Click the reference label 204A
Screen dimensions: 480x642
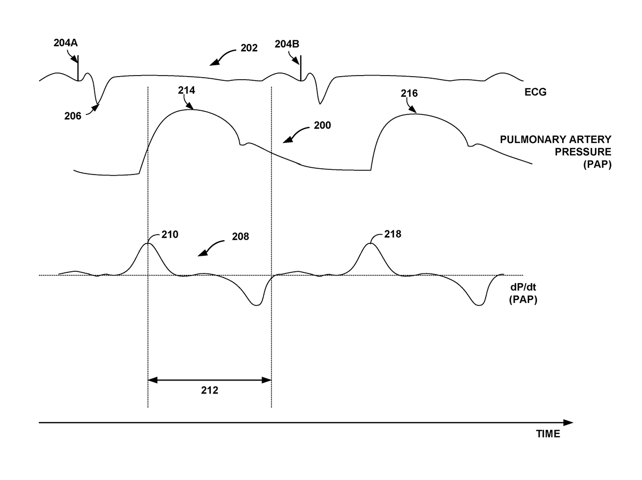click(x=65, y=43)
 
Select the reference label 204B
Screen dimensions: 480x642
click(x=287, y=45)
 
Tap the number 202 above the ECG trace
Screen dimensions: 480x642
click(x=249, y=48)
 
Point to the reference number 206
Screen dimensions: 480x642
click(x=73, y=116)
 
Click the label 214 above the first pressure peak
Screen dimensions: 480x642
click(x=186, y=91)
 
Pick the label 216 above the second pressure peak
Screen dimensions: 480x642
click(x=409, y=94)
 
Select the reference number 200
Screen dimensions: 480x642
click(x=322, y=125)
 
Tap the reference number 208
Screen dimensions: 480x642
click(x=240, y=237)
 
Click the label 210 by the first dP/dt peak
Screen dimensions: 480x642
click(x=169, y=235)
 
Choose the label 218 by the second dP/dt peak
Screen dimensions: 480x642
click(x=392, y=234)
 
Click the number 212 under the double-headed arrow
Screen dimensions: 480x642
click(x=210, y=391)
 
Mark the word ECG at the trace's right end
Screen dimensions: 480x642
click(x=535, y=93)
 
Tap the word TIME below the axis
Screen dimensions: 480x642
click(x=548, y=434)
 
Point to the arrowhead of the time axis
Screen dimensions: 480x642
click(x=569, y=423)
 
